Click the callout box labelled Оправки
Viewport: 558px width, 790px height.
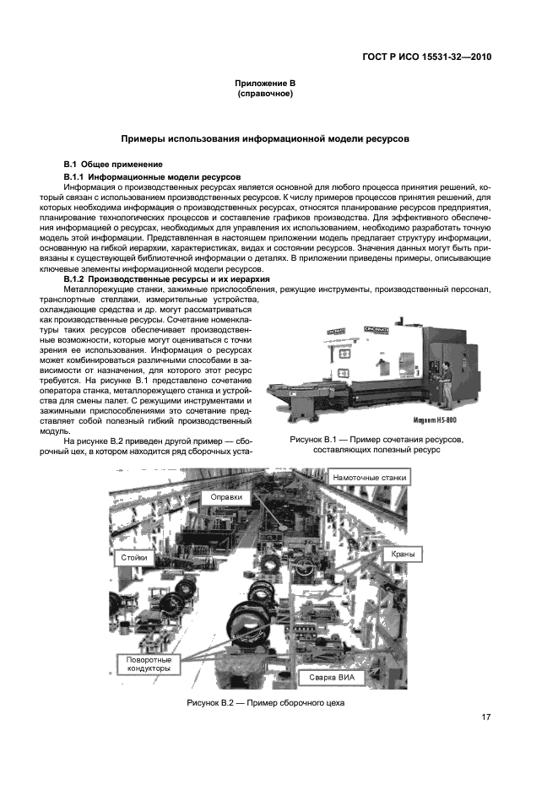click(x=226, y=498)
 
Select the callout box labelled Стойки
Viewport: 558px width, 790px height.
click(x=135, y=557)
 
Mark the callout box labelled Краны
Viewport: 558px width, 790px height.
click(x=401, y=555)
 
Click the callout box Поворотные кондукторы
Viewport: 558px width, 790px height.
click(x=149, y=663)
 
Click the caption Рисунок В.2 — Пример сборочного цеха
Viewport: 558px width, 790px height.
click(x=266, y=703)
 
